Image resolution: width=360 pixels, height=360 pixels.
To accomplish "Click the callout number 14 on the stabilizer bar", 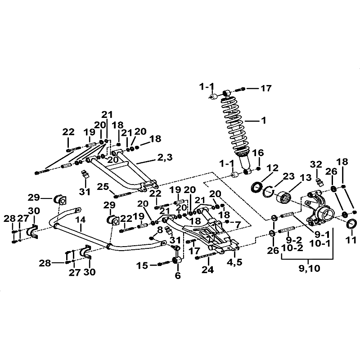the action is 81,220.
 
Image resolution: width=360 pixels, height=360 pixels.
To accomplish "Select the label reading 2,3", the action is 165,158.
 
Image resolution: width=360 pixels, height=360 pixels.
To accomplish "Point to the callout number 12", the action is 273,168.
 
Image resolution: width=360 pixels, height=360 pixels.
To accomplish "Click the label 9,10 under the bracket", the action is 309,268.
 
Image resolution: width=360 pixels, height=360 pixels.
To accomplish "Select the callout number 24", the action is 207,270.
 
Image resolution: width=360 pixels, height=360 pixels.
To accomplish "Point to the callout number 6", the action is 178,275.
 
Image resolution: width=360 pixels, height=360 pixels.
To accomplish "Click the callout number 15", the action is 142,265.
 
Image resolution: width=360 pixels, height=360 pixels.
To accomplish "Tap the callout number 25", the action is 103,187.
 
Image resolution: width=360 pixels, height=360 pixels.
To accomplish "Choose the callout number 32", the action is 316,164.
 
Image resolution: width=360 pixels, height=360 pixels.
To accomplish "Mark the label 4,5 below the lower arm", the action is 234,262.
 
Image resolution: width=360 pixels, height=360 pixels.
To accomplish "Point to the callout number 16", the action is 258,153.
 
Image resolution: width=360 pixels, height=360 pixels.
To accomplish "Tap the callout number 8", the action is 160,229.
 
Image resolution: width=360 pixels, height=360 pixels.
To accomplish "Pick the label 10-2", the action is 292,248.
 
